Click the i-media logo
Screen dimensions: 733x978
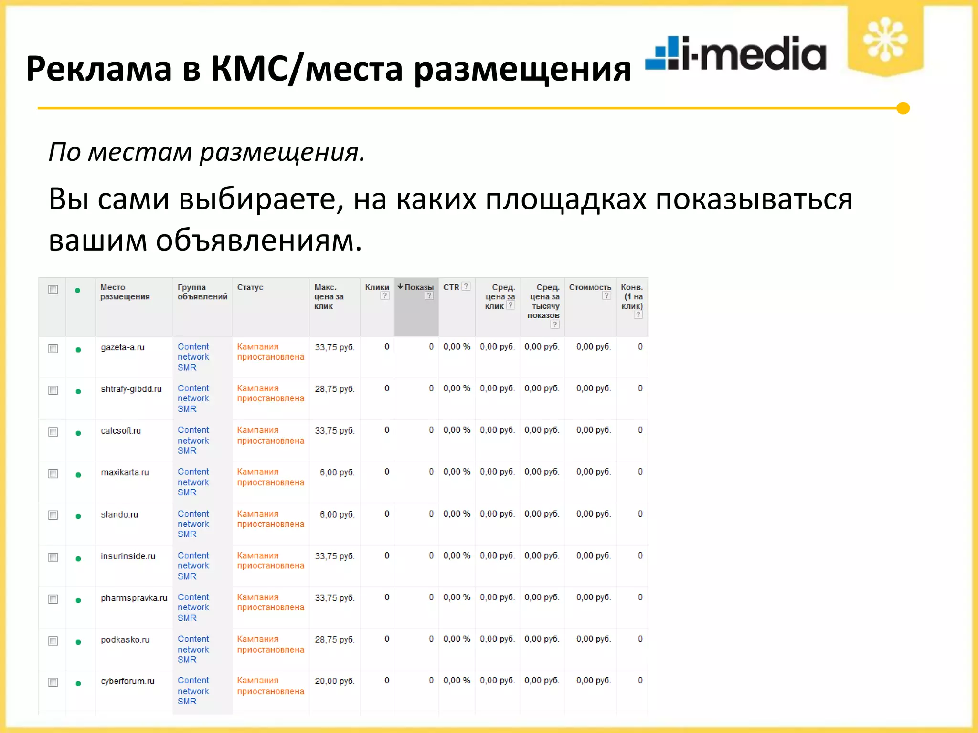[735, 53]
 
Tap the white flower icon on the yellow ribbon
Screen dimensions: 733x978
[885, 39]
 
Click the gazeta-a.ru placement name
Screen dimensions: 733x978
[123, 347]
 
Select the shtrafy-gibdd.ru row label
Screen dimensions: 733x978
[131, 389]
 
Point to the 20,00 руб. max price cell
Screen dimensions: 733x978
[334, 681]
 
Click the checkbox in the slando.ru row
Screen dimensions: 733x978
[53, 515]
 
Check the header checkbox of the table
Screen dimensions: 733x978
[53, 290]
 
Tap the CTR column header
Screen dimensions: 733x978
[451, 287]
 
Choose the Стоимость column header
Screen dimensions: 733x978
[590, 287]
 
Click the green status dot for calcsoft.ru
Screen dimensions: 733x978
[78, 433]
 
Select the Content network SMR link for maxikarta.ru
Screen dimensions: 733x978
[193, 482]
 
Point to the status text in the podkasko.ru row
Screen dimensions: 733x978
[270, 644]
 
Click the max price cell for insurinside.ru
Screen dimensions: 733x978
[334, 556]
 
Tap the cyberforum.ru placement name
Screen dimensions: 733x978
[128, 681]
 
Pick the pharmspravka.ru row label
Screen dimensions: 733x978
[134, 598]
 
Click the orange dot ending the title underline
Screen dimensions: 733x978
[903, 108]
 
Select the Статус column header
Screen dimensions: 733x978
[250, 287]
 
